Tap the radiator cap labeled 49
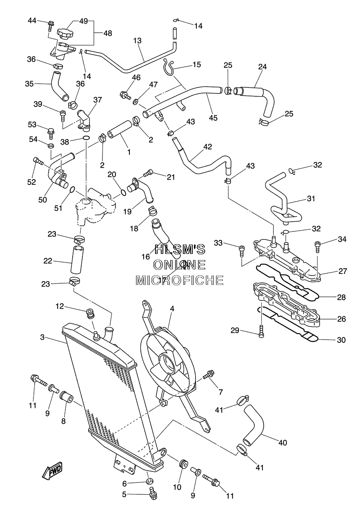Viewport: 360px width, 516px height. pos(65,33)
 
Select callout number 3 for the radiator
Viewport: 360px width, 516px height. pos(42,337)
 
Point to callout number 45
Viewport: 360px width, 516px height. pos(213,118)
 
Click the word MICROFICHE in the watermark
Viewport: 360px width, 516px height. pos(180,280)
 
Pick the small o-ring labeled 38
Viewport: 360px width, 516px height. pos(86,138)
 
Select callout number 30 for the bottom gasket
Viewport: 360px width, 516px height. pos(341,340)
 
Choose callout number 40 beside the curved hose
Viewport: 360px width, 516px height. pos(283,443)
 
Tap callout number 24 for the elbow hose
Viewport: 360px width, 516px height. pos(262,67)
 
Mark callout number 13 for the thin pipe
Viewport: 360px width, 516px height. pos(138,41)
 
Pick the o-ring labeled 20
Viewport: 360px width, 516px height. pos(124,192)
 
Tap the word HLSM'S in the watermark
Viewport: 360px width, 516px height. pos(180,249)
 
